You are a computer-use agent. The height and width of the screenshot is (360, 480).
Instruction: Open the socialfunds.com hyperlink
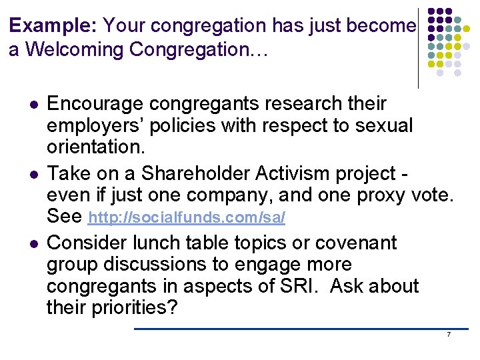(x=187, y=219)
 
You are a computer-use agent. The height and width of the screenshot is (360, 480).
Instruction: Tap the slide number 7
(x=449, y=334)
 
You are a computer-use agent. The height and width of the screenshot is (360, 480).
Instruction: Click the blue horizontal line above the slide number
(x=300, y=328)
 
